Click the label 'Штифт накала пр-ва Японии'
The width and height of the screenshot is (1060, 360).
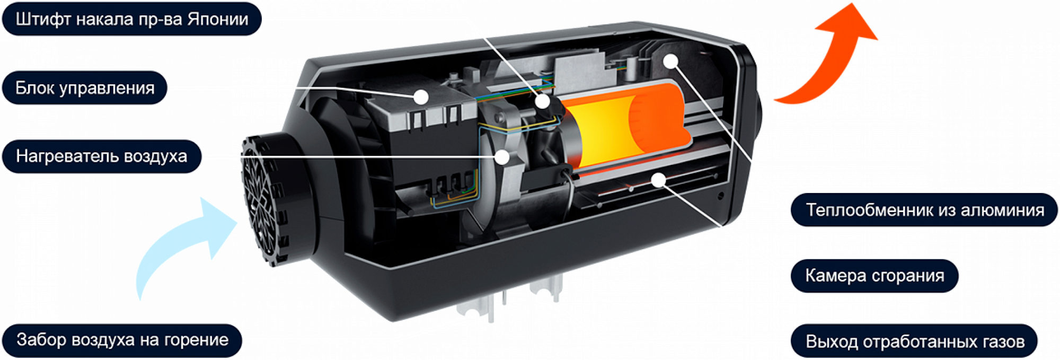coord(132,19)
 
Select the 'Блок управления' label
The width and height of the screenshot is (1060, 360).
coord(85,87)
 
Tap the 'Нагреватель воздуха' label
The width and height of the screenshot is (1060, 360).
coord(102,156)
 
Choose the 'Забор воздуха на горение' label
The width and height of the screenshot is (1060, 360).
coord(122,340)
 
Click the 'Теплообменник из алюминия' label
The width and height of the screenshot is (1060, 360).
coord(924,210)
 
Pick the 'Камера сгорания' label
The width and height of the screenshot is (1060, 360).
coord(874,276)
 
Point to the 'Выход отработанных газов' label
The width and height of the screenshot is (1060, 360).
coord(914,341)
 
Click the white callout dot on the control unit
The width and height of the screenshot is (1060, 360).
coord(421,96)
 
